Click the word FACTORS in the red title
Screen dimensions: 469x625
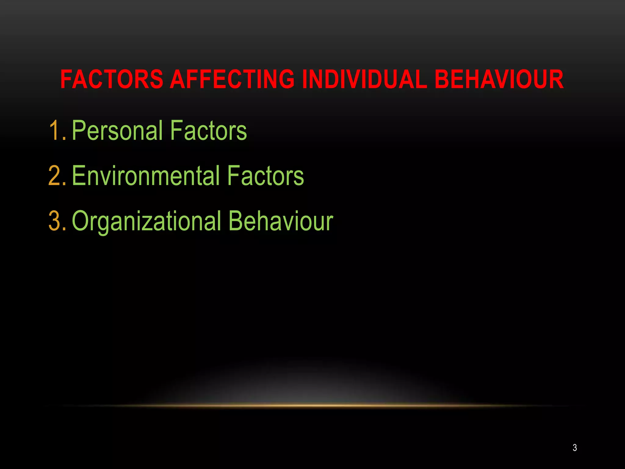click(x=112, y=79)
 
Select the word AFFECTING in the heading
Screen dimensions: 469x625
click(x=232, y=79)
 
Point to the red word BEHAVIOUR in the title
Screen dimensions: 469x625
click(x=499, y=79)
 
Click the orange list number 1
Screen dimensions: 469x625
click(x=55, y=131)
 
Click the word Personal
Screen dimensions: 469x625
click(x=117, y=131)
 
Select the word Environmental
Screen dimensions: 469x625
click(x=146, y=176)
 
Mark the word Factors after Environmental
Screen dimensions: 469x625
click(x=265, y=176)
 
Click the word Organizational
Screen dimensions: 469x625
click(x=146, y=221)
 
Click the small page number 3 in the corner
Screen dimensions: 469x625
click(x=575, y=448)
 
